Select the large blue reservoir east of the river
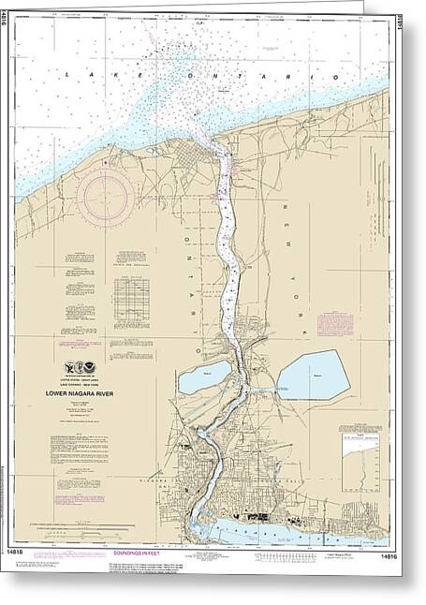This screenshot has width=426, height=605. point(313,375)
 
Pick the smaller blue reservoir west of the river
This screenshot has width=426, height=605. point(202,378)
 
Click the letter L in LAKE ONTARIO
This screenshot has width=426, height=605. point(68,70)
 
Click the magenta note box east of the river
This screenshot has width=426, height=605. point(333,324)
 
